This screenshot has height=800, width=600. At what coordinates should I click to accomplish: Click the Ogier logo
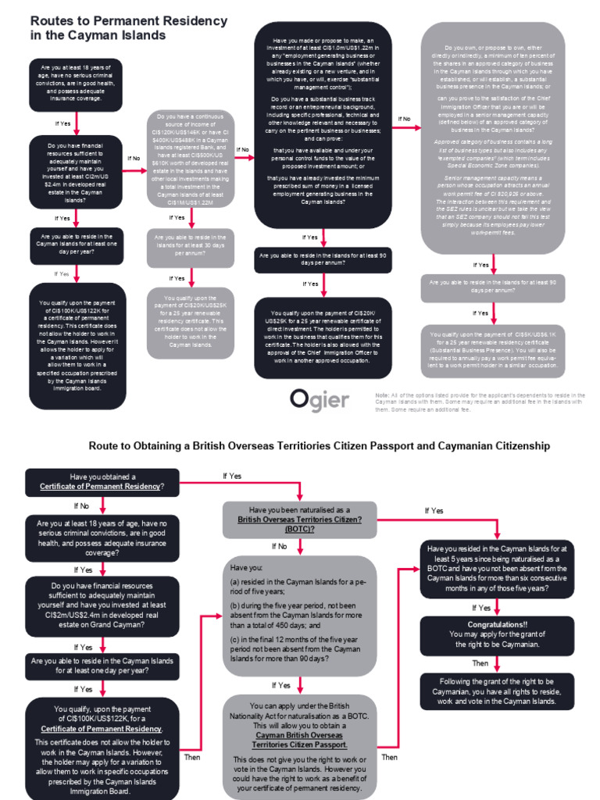coord(320,399)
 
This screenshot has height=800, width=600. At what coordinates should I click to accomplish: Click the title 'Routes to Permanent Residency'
coord(129,21)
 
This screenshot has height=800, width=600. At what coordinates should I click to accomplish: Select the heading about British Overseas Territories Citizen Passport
coord(319,445)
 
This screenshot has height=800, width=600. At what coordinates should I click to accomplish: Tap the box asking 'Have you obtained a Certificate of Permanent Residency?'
coord(102,482)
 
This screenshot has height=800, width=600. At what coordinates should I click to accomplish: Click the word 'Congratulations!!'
coord(497,625)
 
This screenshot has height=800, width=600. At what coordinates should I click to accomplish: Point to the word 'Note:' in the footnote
coord(382,395)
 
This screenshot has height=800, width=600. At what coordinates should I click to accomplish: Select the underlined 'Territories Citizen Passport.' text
coord(299,745)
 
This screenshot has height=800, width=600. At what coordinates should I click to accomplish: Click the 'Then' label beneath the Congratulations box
coord(480,663)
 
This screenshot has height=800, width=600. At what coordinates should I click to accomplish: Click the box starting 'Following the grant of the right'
coord(497,691)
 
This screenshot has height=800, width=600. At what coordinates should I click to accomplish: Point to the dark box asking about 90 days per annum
coord(323,259)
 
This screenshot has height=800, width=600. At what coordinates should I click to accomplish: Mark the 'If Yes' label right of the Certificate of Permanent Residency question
coord(232,476)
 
